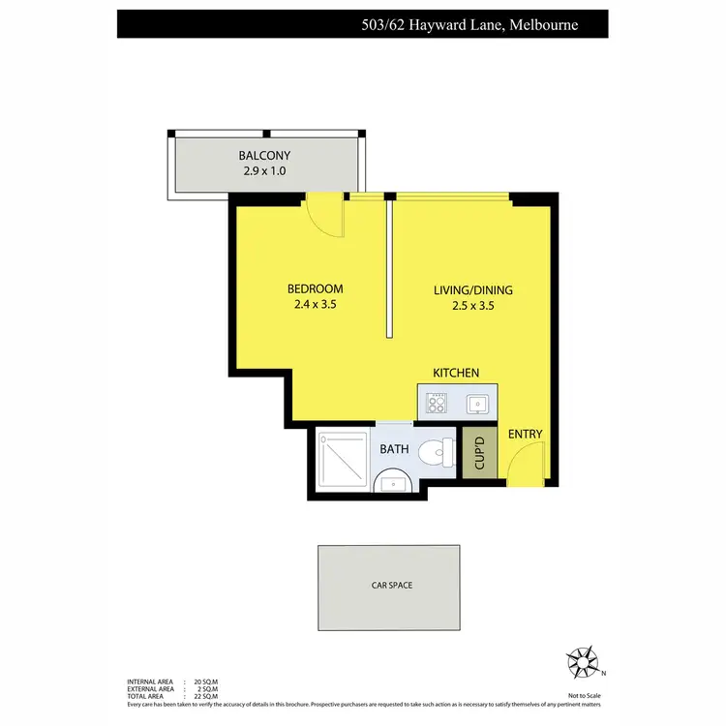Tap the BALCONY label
[x=264, y=155]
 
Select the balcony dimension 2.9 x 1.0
[x=264, y=171]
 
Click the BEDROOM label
[x=315, y=288]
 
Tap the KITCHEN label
[x=455, y=373]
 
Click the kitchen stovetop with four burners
[x=436, y=402]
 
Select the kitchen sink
[x=476, y=402]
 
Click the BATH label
[x=394, y=450]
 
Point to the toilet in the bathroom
[x=440, y=450]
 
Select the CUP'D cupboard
[x=478, y=453]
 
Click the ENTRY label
[x=525, y=435]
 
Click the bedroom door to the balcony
[x=324, y=215]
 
